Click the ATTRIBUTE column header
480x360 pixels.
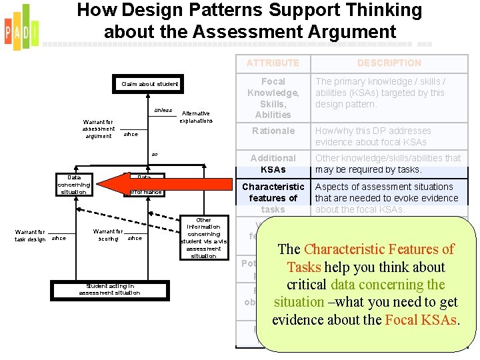click(273, 63)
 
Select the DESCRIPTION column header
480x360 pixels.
click(389, 63)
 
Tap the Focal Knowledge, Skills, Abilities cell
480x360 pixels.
click(273, 98)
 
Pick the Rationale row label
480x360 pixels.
click(273, 131)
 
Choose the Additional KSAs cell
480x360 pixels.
click(273, 163)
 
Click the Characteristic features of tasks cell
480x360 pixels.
click(273, 198)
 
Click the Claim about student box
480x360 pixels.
click(149, 84)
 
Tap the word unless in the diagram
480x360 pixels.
click(163, 110)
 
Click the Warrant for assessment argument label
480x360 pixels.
click(99, 129)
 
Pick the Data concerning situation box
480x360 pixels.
click(73, 184)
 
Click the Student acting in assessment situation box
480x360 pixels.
click(109, 289)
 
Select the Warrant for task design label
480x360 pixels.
click(30, 235)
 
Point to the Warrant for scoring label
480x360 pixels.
click(107, 235)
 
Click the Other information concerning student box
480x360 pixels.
click(203, 238)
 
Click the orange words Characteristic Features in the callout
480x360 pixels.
click(379, 249)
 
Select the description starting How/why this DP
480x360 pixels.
click(373, 136)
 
